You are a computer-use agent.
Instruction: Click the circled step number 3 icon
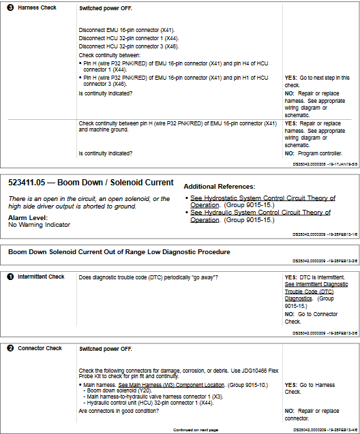11,8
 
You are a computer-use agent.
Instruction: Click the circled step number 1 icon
11,277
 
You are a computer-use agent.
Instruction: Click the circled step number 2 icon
11,349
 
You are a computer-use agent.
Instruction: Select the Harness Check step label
37,8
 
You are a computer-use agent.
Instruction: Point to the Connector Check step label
40,349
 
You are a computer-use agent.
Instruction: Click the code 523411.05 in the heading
34,183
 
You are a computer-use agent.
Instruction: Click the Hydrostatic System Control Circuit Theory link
262,202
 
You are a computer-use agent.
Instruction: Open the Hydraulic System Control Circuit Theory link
259,216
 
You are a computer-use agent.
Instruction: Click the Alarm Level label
27,217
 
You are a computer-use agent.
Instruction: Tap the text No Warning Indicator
39,224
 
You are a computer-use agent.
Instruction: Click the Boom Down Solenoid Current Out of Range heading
119,252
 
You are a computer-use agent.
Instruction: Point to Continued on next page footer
196,430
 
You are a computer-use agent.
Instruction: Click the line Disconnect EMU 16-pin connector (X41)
127,30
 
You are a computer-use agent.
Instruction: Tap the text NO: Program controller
314,153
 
